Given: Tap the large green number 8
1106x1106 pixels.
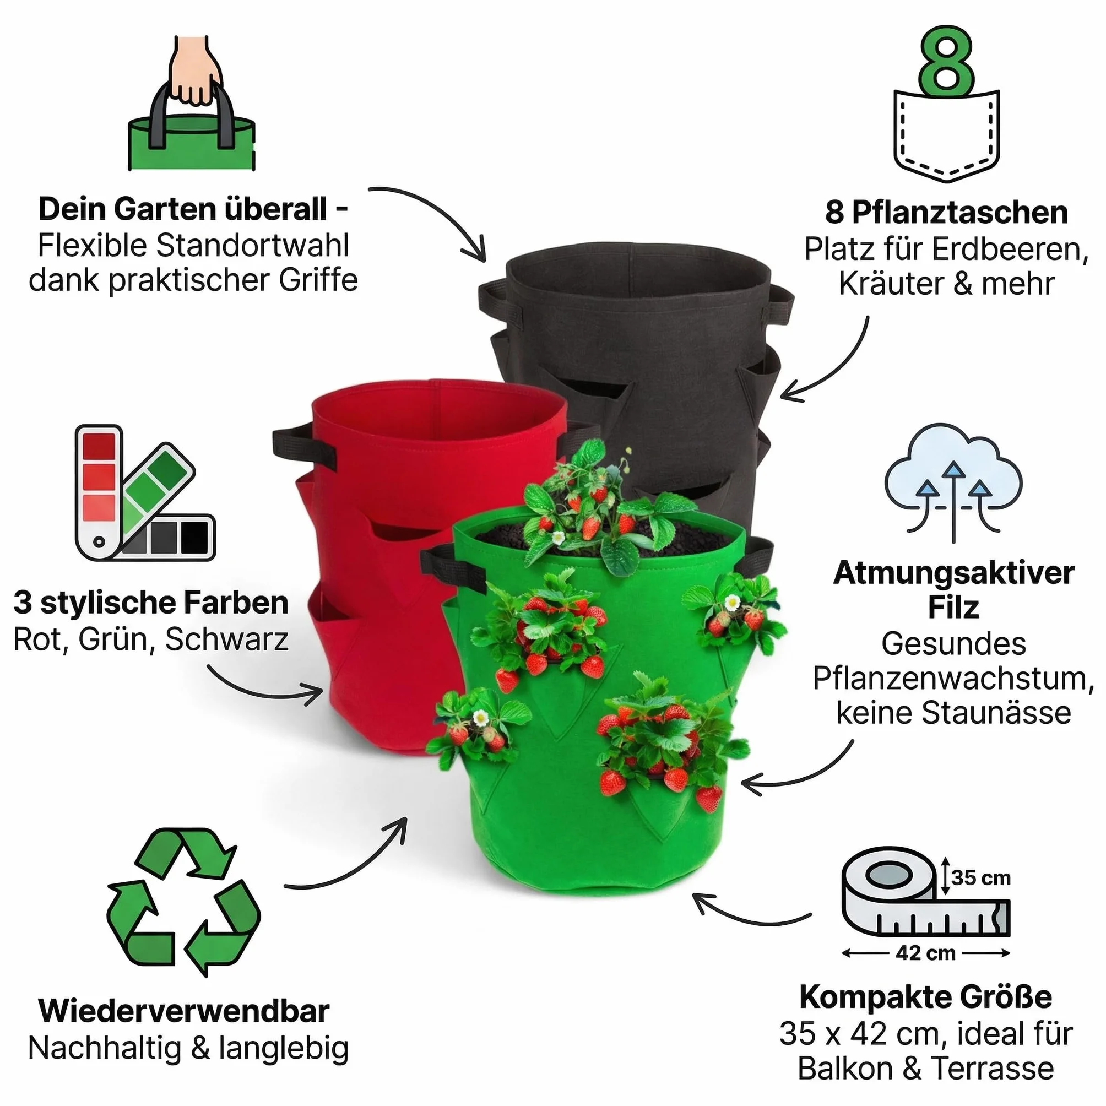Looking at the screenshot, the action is (x=947, y=61).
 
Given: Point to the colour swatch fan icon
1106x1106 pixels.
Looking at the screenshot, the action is (x=145, y=493).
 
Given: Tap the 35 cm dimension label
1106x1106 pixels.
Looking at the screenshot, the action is (x=981, y=878).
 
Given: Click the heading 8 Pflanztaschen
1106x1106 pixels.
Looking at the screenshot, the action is (x=946, y=213).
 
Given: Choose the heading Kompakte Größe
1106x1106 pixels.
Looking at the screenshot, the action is (x=926, y=997).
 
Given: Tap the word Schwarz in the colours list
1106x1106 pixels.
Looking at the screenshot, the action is (x=227, y=639).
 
